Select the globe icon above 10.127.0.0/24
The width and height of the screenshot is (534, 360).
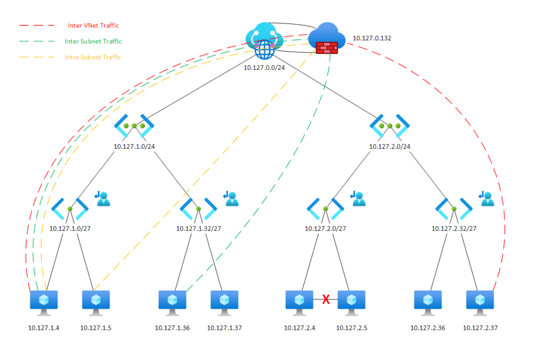tap(264, 50)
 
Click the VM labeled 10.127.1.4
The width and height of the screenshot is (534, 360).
tap(44, 302)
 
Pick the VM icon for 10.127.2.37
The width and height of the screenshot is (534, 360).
tap(479, 302)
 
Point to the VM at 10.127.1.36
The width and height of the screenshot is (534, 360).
tap(172, 302)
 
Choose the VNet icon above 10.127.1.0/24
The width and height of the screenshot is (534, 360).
tap(134, 126)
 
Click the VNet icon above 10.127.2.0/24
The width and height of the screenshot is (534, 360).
tap(390, 126)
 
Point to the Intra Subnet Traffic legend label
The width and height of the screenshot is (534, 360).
tap(93, 57)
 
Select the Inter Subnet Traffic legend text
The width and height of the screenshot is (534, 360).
tap(93, 41)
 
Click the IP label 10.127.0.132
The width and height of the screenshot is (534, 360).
tap(372, 38)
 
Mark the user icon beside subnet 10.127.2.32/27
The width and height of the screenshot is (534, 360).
tap(486, 199)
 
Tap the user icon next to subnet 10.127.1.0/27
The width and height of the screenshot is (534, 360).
tap(102, 199)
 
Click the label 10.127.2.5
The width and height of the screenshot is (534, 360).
tap(351, 328)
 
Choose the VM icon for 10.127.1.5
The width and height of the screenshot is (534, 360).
tap(96, 302)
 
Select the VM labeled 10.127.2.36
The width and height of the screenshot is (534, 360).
tap(428, 302)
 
